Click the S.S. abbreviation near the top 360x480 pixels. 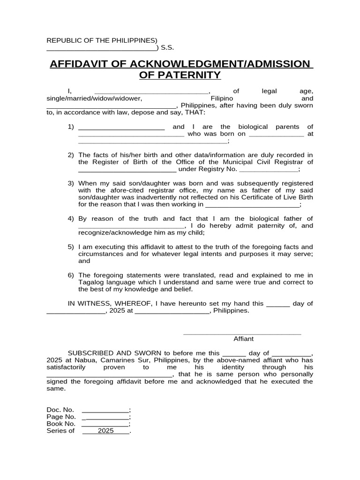pos(167,47)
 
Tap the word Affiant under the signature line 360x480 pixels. pos(243,338)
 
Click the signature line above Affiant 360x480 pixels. pos(242,333)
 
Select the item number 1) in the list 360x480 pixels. pos(71,127)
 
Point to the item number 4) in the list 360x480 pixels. pos(71,219)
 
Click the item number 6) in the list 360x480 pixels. pos(71,275)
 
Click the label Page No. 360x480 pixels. pos(61,417)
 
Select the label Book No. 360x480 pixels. pos(61,424)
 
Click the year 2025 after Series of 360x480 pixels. pos(106,431)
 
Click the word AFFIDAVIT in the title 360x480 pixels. pos(82,64)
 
